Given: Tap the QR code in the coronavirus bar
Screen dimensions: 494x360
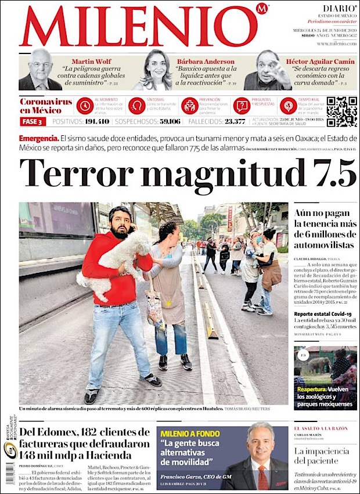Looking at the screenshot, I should (x=341, y=111).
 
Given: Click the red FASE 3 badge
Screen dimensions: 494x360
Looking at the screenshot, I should (x=32, y=122).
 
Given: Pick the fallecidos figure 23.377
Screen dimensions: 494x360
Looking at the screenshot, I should (x=235, y=122).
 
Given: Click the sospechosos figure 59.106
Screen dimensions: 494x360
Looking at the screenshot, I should (x=165, y=122).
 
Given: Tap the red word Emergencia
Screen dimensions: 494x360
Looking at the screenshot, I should (x=38, y=139).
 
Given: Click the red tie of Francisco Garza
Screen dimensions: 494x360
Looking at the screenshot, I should (x=262, y=479).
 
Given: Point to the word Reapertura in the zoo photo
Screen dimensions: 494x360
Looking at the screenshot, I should (x=310, y=389).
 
